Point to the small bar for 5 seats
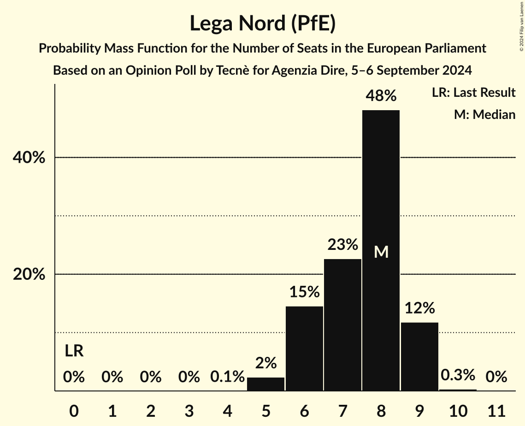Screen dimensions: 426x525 pyautogui.click(x=266, y=384)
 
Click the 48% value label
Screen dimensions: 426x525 pyautogui.click(x=381, y=96)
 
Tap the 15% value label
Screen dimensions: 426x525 pyautogui.click(x=304, y=292)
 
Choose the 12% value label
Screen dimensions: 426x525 pyautogui.click(x=419, y=308)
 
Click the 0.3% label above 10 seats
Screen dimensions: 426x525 pyautogui.click(x=458, y=375)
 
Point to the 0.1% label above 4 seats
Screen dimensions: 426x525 pyautogui.click(x=227, y=377)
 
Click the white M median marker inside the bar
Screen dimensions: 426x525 pyautogui.click(x=381, y=252)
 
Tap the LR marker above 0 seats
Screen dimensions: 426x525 pyautogui.click(x=74, y=351)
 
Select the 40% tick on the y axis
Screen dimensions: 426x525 pyautogui.click(x=29, y=158)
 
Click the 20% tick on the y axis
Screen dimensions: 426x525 pyautogui.click(x=29, y=274)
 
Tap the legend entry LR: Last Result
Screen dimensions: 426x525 pyautogui.click(x=473, y=93)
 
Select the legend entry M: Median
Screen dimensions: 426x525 pyautogui.click(x=484, y=114)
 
